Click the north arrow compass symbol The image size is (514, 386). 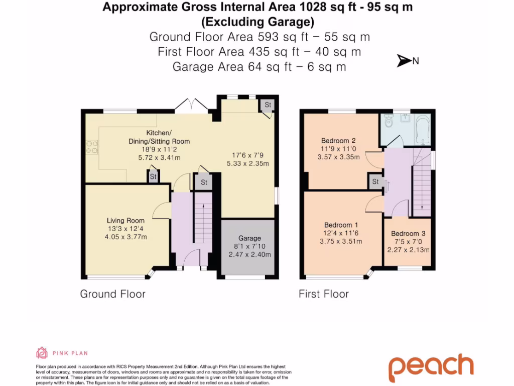pos(404,61)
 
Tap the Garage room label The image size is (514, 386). pos(249,238)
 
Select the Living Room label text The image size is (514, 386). pos(125,221)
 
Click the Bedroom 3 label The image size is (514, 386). pos(408,234)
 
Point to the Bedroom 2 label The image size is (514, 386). pos(338,141)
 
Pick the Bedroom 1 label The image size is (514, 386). pos(341,225)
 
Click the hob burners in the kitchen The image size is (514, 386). pos(92,147)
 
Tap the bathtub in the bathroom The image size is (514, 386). pos(423,129)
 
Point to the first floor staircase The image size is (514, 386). pos(422,182)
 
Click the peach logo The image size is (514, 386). pos(431,367)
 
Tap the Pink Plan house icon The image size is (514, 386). pos(42,353)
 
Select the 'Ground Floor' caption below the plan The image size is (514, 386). pos(113,294)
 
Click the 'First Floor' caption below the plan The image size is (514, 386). pos(324,294)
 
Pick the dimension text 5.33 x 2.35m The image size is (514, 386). pos(248,163)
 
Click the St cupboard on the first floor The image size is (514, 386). pos(375,181)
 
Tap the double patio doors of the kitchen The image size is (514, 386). pos(192,105)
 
